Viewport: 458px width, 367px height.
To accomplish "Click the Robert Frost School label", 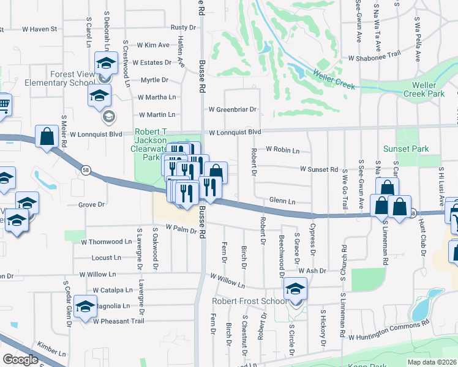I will (248, 301).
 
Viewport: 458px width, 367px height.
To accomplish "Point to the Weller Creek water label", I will (334, 78).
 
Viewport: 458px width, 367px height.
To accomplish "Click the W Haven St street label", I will (39, 29).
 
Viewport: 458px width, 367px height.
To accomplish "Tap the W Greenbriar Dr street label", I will (232, 110).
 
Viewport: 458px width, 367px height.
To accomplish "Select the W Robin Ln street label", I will (282, 150).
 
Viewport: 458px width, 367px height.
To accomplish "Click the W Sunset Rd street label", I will (318, 169).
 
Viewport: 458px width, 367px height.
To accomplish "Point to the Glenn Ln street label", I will (282, 201).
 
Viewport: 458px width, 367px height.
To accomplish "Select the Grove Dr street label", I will (92, 204).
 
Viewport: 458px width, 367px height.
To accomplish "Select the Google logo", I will (20, 360).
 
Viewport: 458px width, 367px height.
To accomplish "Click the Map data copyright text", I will (432, 362).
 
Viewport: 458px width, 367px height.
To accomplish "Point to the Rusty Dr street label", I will (183, 28).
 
